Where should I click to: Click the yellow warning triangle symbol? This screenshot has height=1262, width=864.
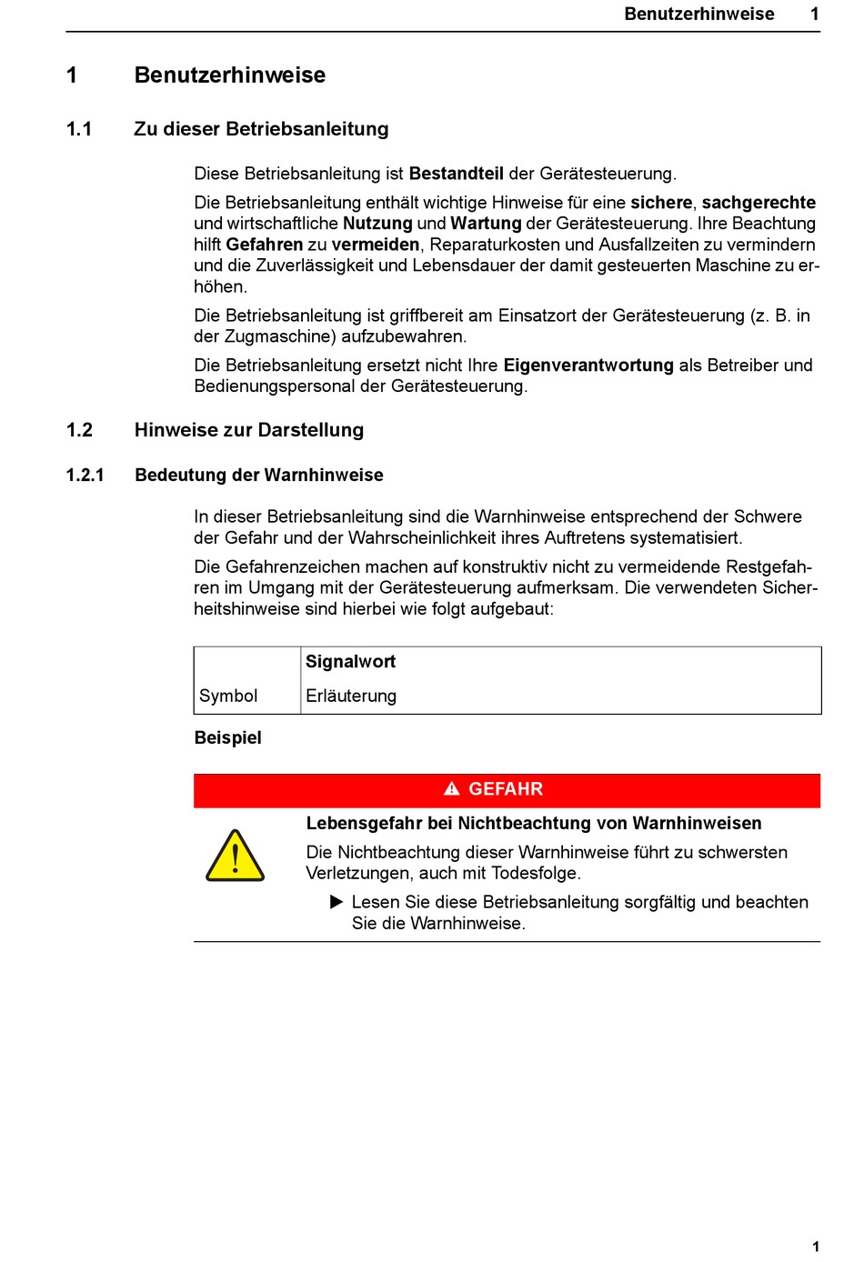click(236, 856)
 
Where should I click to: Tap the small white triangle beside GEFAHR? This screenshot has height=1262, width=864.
click(452, 789)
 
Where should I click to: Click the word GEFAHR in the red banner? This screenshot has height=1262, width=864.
click(506, 789)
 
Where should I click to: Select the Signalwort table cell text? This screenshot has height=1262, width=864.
click(350, 662)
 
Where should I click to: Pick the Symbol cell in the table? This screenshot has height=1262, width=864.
click(228, 696)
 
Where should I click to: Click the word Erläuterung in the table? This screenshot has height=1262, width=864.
click(351, 696)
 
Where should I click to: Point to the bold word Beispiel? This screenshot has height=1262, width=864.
click(228, 737)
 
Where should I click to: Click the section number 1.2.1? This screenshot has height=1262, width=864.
click(85, 475)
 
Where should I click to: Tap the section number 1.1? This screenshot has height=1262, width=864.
click(79, 129)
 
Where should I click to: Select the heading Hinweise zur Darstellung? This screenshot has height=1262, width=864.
click(249, 430)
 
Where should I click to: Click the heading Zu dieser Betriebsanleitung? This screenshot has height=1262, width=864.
click(261, 129)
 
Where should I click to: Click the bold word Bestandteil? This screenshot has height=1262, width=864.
click(456, 174)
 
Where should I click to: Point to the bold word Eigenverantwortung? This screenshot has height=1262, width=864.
click(588, 366)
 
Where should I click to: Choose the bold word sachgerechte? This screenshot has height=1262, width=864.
click(759, 203)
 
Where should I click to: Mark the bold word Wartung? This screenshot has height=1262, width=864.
click(486, 224)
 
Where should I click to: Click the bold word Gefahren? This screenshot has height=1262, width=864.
click(265, 245)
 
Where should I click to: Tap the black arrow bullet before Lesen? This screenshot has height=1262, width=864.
click(337, 902)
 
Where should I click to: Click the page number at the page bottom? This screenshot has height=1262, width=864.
click(816, 1247)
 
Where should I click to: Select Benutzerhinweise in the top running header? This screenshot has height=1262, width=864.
click(699, 14)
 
